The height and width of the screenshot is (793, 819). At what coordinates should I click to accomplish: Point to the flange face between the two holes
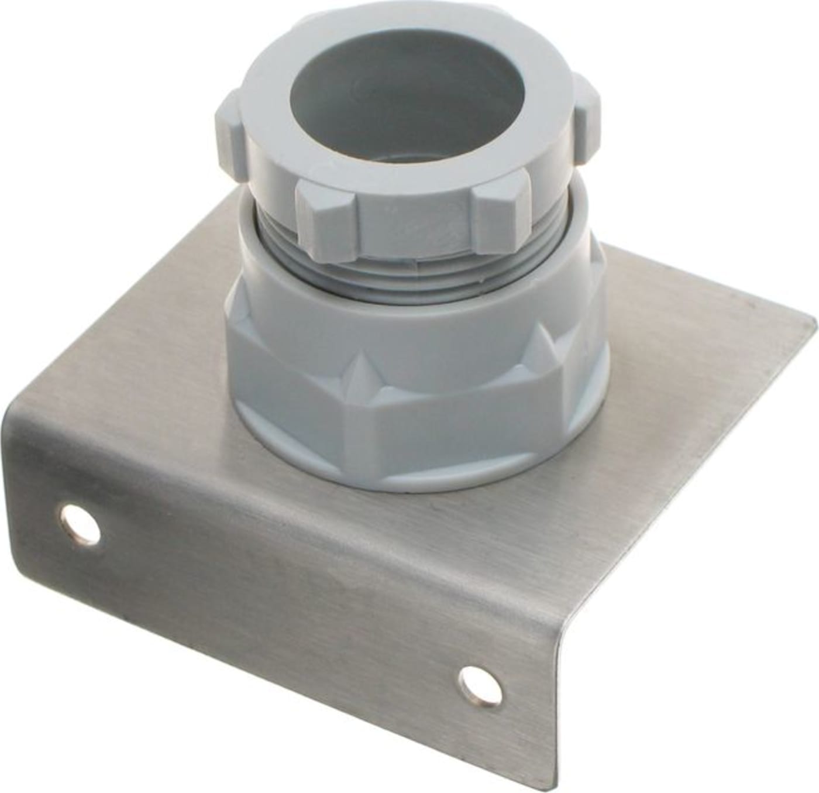point(275,591)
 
